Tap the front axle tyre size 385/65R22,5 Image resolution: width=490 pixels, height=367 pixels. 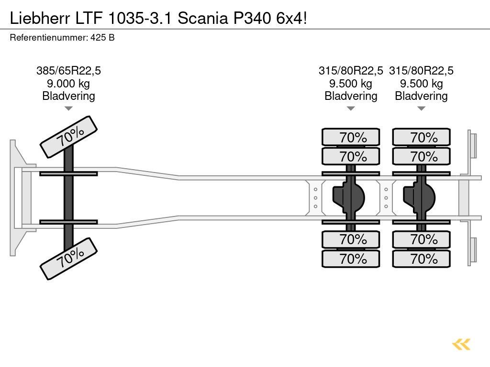click(x=68, y=71)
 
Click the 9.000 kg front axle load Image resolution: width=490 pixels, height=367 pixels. click(x=68, y=84)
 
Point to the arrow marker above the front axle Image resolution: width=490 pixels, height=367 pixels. click(x=68, y=108)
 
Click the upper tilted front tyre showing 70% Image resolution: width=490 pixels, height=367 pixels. click(x=68, y=137)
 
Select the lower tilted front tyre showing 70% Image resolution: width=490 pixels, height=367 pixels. click(x=68, y=259)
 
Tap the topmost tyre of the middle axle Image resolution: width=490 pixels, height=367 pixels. click(x=351, y=137)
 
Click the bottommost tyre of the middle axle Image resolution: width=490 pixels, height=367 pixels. click(x=351, y=259)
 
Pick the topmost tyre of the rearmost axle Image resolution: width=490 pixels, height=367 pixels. click(x=422, y=137)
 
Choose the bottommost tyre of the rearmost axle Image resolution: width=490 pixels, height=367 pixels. click(x=422, y=259)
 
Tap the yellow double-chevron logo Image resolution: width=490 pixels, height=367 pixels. click(x=461, y=344)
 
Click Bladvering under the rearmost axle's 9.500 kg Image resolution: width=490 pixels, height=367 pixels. click(x=421, y=96)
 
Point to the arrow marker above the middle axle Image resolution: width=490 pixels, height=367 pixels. click(x=351, y=108)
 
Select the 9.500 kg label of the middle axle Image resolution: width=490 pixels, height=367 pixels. click(x=351, y=84)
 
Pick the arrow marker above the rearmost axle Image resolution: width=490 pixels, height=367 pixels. click(x=421, y=108)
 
